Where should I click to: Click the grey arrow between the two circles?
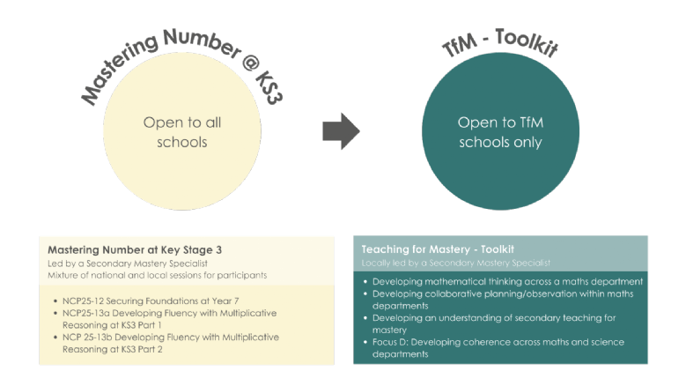tap(340, 131)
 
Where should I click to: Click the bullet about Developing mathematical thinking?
tap(507, 281)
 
